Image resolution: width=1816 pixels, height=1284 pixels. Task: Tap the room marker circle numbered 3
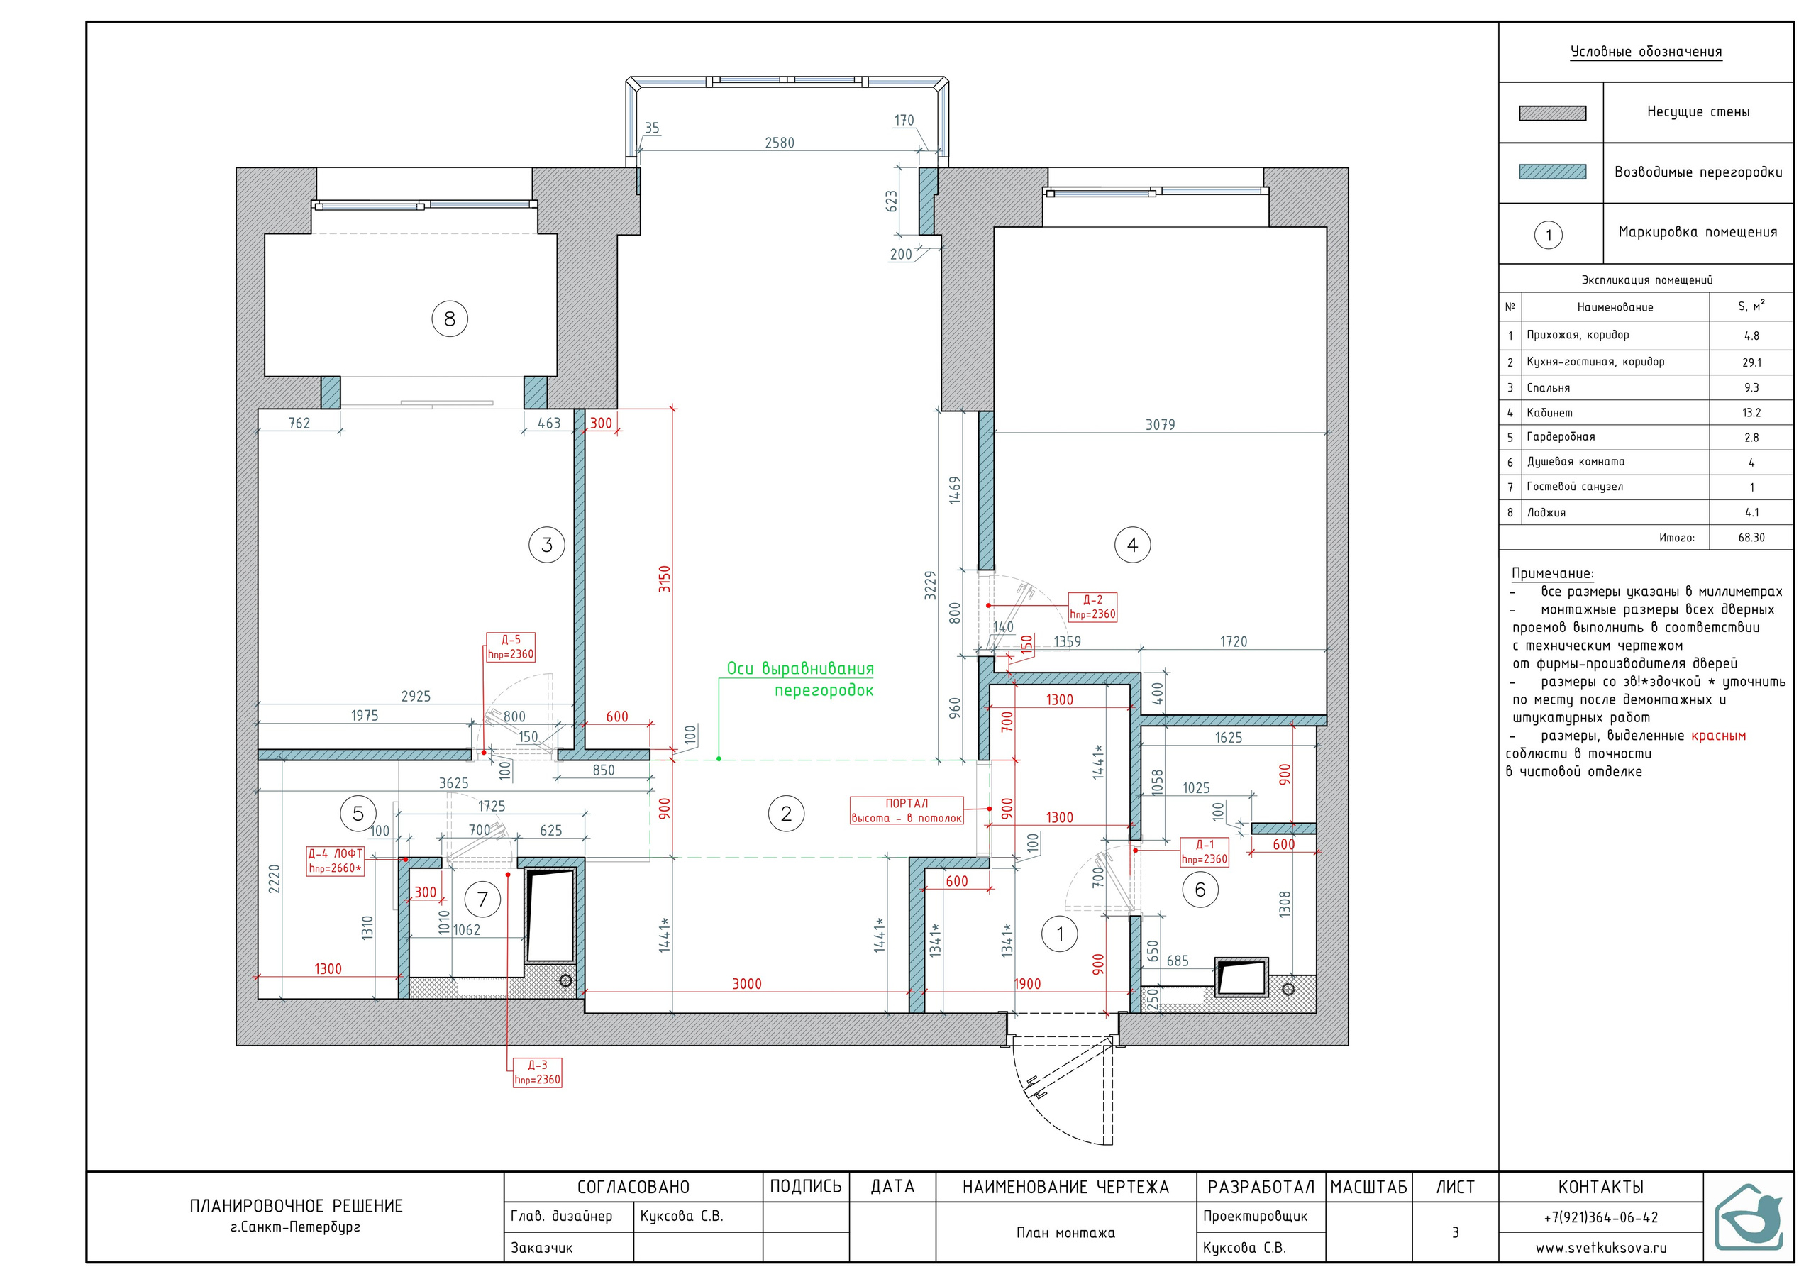(546, 544)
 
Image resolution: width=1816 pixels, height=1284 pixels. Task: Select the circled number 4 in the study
(1132, 544)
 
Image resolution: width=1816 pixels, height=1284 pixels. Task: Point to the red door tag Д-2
(1092, 607)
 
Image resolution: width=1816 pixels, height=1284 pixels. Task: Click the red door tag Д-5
(510, 647)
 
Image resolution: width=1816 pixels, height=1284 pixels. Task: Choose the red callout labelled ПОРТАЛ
(907, 811)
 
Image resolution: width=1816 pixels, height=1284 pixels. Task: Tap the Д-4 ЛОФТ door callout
(336, 860)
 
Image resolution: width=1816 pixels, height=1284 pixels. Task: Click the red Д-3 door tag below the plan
(537, 1073)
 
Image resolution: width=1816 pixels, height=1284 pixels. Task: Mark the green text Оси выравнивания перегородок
(799, 680)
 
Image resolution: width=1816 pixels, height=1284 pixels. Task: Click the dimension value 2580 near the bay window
(779, 143)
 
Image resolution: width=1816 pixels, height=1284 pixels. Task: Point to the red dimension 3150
(665, 578)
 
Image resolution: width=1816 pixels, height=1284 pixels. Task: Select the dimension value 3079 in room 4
(1161, 425)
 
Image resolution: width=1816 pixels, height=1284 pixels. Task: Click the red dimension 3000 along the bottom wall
(747, 984)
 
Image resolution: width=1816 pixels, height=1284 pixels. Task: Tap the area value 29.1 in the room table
(1751, 362)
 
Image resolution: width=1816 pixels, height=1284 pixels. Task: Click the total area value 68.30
(1751, 538)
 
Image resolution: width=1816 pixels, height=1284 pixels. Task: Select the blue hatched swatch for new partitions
(1552, 172)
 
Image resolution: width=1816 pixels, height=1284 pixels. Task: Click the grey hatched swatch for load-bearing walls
(1552, 113)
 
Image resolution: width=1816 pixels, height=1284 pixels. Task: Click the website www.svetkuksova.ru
(1601, 1249)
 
